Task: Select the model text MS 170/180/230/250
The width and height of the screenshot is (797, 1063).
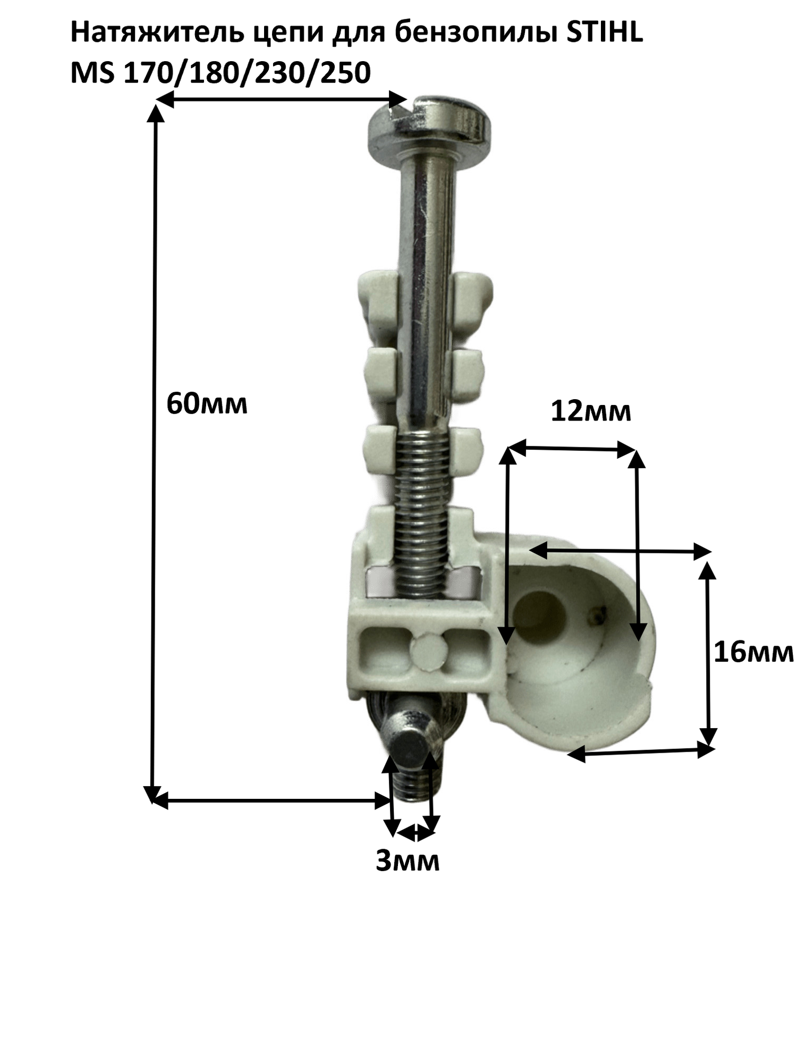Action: click(221, 73)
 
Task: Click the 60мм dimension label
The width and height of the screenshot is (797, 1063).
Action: click(207, 404)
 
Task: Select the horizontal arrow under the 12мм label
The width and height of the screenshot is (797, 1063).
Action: click(573, 450)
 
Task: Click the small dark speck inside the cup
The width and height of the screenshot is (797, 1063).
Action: click(597, 617)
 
